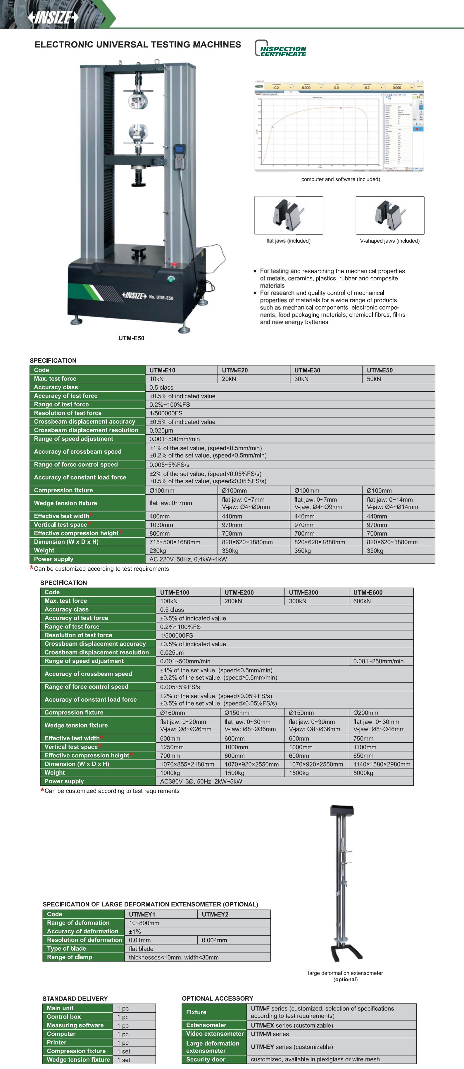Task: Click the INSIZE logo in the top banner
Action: point(53,18)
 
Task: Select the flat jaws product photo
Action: point(289,215)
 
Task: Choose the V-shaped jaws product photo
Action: point(390,215)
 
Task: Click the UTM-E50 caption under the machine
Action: point(131,338)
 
